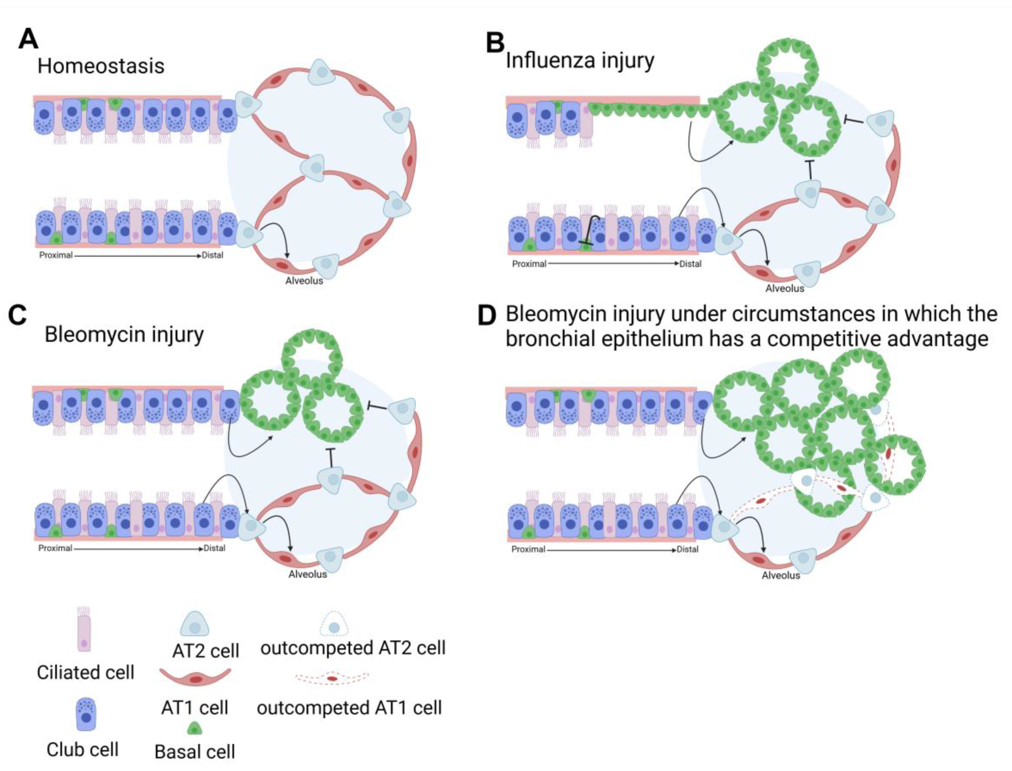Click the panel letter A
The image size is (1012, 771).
click(x=28, y=39)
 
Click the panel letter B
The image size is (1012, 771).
click(x=495, y=42)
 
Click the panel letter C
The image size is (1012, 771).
click(x=17, y=315)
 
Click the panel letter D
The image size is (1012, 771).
click(x=487, y=315)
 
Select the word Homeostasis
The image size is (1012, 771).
click(x=101, y=66)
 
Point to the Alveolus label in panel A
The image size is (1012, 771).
click(x=304, y=280)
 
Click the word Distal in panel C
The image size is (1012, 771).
click(x=214, y=548)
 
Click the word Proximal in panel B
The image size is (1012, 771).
click(x=529, y=264)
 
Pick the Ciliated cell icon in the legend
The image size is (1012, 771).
click(x=84, y=630)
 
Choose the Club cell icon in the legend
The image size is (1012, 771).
click(x=86, y=714)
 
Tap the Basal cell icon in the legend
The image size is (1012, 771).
click(x=195, y=729)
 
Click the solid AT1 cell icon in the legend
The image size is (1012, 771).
click(x=195, y=678)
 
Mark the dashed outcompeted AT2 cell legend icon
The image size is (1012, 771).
click(x=334, y=624)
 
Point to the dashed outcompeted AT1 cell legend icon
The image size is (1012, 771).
click(x=332, y=678)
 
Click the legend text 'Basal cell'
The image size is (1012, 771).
click(x=195, y=752)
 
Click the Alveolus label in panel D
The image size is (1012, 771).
click(x=780, y=575)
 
